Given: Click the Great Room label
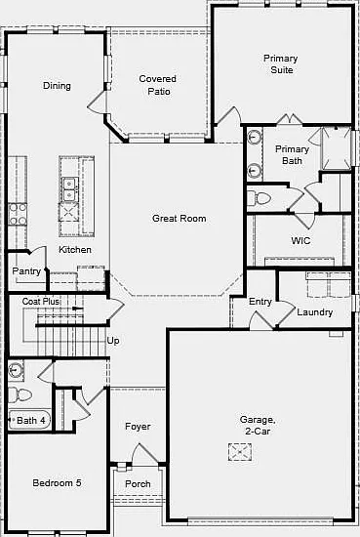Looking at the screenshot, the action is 179,219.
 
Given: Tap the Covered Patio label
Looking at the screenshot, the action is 158,85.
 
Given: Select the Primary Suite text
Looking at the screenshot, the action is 281,64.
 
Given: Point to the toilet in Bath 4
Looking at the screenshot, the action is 20,394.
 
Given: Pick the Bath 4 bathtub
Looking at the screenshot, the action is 29,420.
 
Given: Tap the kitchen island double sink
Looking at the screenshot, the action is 70,189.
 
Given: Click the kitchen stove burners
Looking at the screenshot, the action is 18,215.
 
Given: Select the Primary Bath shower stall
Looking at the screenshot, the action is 336,148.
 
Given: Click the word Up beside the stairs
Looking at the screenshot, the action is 113,341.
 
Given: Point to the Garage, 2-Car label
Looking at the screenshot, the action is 258,425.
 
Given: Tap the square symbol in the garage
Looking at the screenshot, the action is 240,452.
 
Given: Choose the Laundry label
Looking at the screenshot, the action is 315,312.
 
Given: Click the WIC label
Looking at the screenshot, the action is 300,240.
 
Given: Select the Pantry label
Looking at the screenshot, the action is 26,271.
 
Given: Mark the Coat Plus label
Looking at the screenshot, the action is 41,302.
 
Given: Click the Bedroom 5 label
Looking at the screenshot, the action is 57,483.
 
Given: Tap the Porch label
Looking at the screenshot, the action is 138,484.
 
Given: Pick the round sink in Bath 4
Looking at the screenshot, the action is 15,370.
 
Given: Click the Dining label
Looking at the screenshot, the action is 57,86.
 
